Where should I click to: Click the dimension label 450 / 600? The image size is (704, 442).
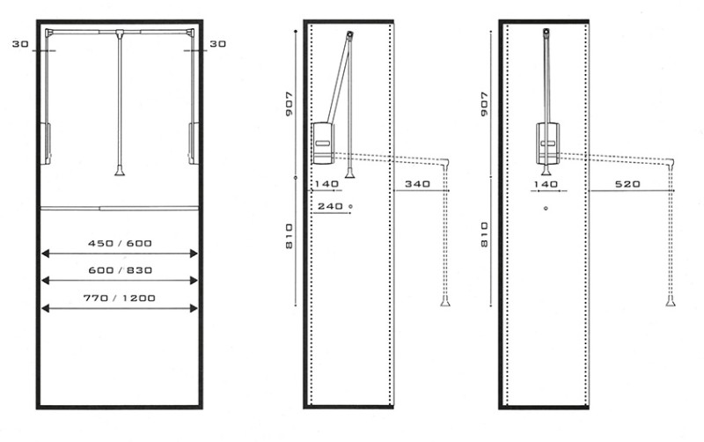120,244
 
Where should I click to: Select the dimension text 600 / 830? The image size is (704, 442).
120,270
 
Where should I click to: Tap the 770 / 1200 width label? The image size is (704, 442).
120,298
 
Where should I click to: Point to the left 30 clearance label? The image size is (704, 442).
20,44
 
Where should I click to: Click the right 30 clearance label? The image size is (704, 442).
217,44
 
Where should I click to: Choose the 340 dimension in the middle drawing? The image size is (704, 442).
417,184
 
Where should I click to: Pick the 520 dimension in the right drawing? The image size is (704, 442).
627,184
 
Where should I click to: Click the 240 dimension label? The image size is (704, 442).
330,206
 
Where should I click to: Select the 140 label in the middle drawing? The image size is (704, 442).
326,184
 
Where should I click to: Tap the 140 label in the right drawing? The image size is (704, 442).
546,184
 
